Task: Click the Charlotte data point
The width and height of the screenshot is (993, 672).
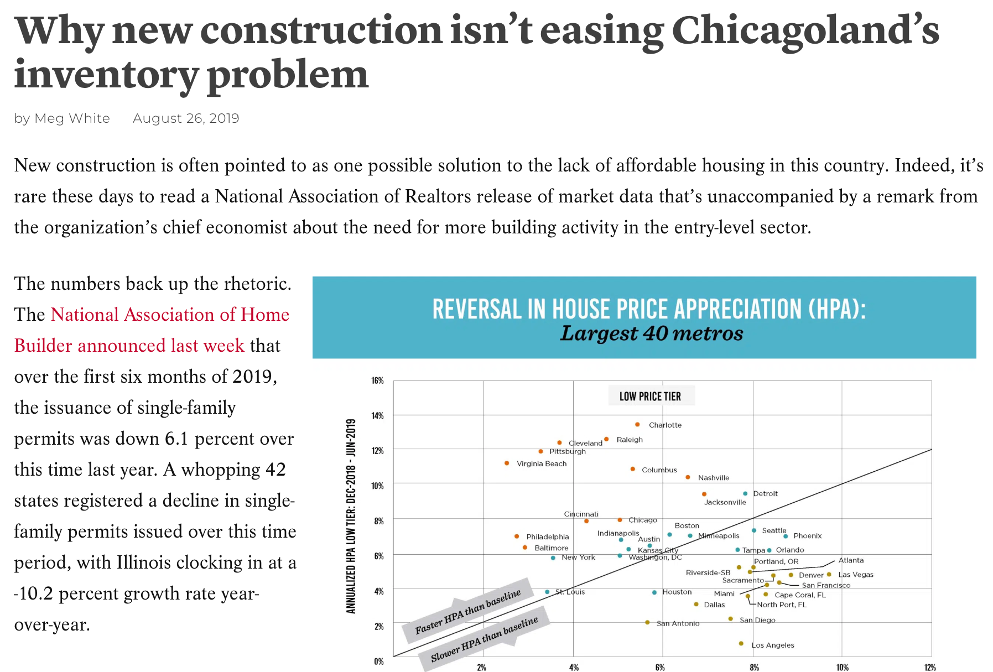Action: click(637, 425)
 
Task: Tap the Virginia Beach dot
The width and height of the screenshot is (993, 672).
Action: click(507, 463)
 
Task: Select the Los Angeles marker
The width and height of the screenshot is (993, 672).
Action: click(741, 643)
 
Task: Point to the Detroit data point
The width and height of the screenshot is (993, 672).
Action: click(745, 493)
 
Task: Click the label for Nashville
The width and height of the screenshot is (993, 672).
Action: click(713, 478)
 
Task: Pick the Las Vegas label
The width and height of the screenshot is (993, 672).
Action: click(855, 575)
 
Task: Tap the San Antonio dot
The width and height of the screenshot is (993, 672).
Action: click(647, 622)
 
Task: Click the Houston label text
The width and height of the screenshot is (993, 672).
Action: click(677, 592)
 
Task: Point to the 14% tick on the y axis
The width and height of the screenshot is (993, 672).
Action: click(377, 415)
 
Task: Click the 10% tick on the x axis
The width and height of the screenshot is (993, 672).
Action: click(842, 668)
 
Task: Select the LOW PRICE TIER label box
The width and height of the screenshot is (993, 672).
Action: click(650, 397)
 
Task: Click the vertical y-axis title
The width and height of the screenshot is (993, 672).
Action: click(351, 517)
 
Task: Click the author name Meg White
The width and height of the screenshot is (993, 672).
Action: click(72, 118)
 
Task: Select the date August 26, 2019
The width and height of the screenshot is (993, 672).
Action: click(186, 118)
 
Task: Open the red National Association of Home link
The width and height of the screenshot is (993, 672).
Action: click(170, 315)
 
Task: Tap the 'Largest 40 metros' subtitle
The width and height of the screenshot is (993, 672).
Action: click(651, 334)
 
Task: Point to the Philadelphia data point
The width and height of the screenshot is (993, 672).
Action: click(517, 536)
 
